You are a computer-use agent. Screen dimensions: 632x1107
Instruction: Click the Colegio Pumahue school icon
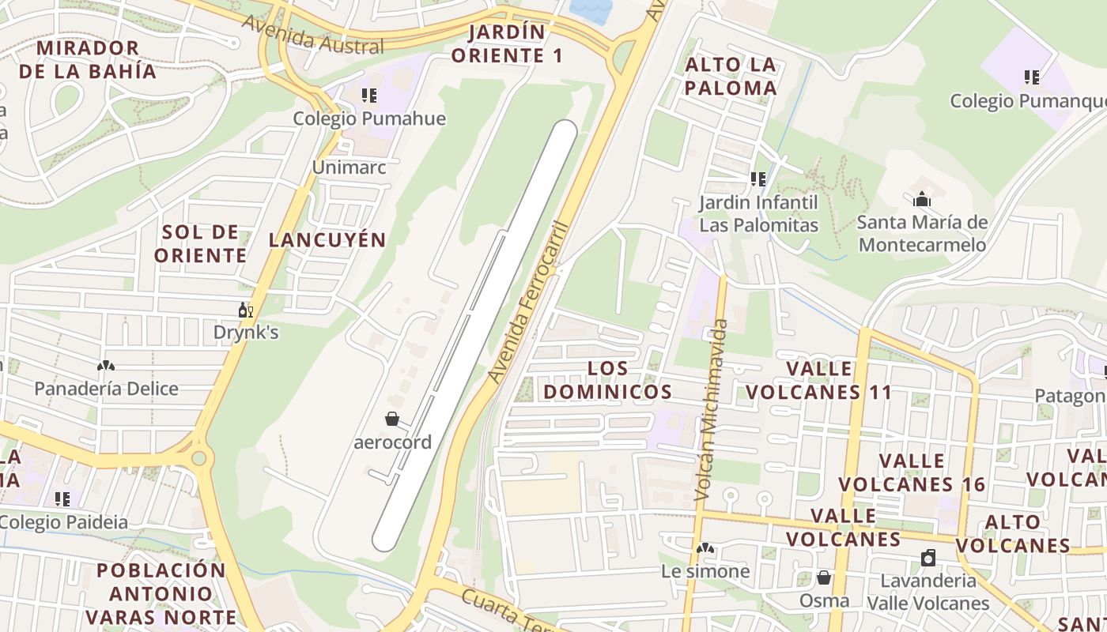tap(368, 96)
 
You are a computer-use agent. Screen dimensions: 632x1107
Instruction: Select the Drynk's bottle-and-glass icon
tap(246, 310)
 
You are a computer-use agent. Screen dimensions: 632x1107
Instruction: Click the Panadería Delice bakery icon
tap(106, 366)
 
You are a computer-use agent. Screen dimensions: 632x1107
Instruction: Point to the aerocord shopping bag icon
tap(392, 419)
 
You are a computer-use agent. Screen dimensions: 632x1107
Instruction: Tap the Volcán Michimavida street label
tap(709, 409)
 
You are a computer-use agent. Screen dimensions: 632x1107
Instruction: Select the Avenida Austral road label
tap(313, 36)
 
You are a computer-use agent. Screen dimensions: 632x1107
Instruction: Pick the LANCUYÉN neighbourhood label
tap(327, 240)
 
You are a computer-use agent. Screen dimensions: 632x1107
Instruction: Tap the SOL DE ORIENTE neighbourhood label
tap(201, 243)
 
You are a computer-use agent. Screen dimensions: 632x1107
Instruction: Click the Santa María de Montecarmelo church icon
tap(922, 199)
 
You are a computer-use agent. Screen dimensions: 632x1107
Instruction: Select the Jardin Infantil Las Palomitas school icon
tap(759, 179)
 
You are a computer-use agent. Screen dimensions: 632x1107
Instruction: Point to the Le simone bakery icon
tap(705, 547)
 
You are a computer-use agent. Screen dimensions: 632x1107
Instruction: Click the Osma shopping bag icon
tap(824, 577)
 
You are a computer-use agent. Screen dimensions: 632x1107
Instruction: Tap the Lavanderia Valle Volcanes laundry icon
tap(928, 558)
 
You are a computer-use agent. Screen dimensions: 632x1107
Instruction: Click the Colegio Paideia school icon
tap(63, 498)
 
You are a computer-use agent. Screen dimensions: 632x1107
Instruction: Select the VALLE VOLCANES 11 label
tap(819, 380)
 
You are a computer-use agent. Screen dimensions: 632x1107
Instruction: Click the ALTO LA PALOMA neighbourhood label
tap(731, 76)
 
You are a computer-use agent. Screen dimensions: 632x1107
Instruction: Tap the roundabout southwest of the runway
tap(198, 457)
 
